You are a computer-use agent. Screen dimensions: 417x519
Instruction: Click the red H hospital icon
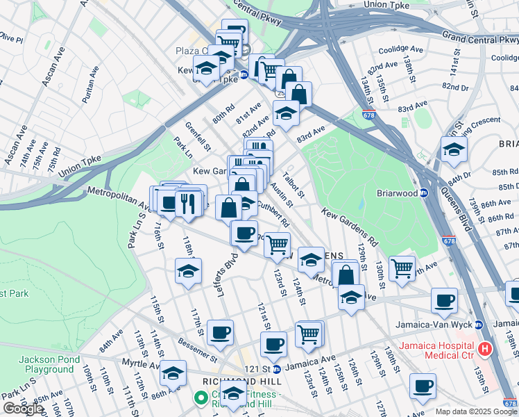(x=485, y=347)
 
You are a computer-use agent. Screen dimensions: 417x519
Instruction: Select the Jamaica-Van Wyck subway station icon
(x=479, y=325)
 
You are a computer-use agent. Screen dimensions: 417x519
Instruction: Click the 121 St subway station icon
(x=276, y=369)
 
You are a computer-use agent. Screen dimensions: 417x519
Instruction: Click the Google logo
(x=24, y=409)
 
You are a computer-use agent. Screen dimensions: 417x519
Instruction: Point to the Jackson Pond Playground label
(x=46, y=364)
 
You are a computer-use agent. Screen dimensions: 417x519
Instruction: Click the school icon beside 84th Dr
(x=454, y=149)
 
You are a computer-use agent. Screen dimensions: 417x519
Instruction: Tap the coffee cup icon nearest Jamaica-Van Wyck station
(x=444, y=300)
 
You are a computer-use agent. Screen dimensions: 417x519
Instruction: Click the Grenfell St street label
(x=198, y=137)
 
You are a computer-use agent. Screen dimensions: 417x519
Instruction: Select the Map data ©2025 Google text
(x=475, y=411)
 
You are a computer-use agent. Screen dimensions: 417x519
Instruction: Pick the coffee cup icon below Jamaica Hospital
(x=423, y=386)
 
